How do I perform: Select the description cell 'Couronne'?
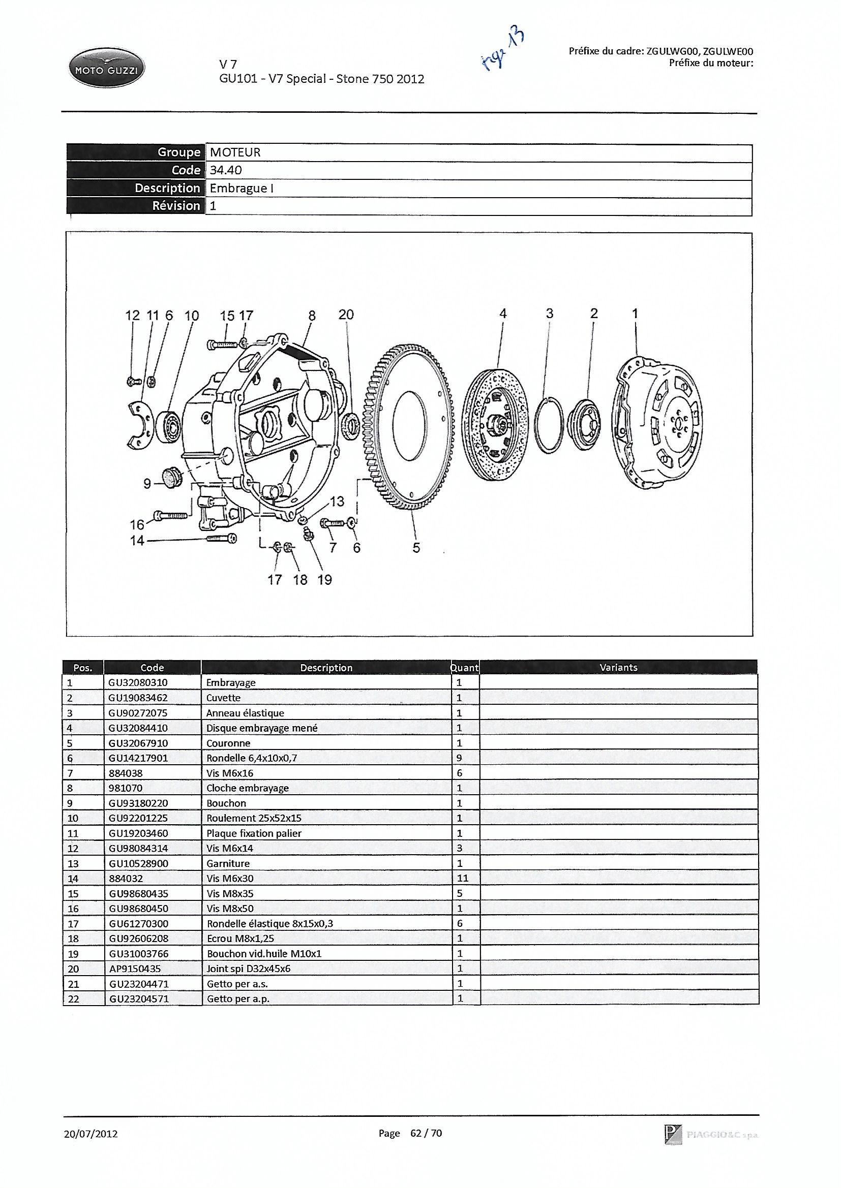[228, 743]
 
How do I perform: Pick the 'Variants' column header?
[618, 668]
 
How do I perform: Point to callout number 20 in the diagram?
[346, 315]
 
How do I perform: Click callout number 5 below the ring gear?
[416, 547]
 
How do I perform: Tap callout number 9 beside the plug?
[147, 484]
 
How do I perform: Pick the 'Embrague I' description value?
[242, 188]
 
